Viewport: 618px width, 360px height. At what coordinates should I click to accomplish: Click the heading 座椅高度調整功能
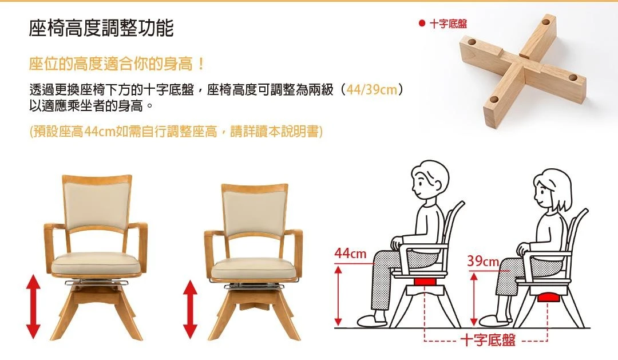101,28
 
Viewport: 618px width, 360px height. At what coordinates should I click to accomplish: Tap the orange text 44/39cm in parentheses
372,89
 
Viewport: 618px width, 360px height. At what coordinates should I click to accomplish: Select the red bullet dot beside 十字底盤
422,23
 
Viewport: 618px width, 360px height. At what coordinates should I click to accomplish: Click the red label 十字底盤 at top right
448,23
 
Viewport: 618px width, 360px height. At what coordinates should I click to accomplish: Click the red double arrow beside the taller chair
33,306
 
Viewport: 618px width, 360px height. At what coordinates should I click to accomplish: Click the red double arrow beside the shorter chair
191,309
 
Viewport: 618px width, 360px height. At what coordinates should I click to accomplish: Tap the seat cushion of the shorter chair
253,268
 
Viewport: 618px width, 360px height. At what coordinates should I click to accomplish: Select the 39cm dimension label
483,260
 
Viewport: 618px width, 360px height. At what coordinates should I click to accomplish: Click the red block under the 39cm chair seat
548,297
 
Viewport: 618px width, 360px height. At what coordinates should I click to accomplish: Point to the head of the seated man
430,181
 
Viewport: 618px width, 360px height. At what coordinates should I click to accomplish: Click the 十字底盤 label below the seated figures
488,339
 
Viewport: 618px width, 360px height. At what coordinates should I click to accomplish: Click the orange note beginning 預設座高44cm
176,131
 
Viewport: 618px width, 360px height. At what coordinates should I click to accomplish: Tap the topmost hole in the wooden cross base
546,21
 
